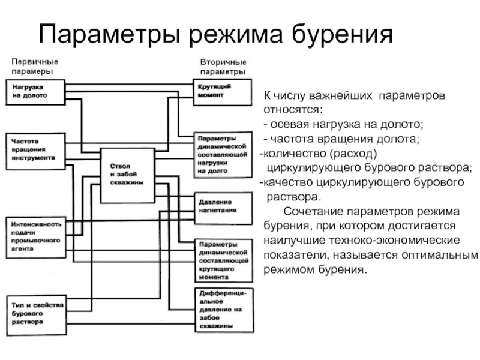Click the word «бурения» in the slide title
click(x=342, y=34)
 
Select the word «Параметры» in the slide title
click(x=109, y=34)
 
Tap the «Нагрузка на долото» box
click(x=35, y=92)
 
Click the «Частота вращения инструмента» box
click(x=35, y=151)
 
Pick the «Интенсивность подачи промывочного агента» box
click(x=36, y=238)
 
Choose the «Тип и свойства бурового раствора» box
click(x=37, y=316)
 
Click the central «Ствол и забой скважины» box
click(x=128, y=176)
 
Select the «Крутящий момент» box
click(x=223, y=92)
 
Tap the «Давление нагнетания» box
click(x=223, y=208)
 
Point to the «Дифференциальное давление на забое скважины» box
click(x=224, y=310)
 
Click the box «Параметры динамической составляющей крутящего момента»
click(x=224, y=260)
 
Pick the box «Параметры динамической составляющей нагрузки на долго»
click(x=223, y=155)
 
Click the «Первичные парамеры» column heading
click(x=35, y=67)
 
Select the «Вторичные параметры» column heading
click(x=223, y=67)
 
